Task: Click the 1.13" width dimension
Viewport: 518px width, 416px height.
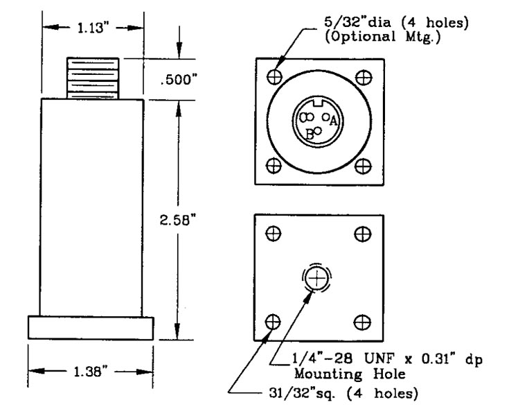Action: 91,28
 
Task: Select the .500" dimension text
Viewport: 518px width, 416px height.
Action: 179,80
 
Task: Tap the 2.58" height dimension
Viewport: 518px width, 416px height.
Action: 179,220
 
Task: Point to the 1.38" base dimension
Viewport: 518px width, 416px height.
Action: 91,372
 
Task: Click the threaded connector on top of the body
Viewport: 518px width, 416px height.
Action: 93,78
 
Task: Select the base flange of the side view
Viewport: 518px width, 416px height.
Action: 91,328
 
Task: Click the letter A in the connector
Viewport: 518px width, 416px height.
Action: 333,121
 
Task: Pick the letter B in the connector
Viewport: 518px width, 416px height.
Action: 310,135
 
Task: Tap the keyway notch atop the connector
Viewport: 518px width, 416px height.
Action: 318,102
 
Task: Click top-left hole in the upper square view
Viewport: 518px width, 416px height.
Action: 274,77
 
